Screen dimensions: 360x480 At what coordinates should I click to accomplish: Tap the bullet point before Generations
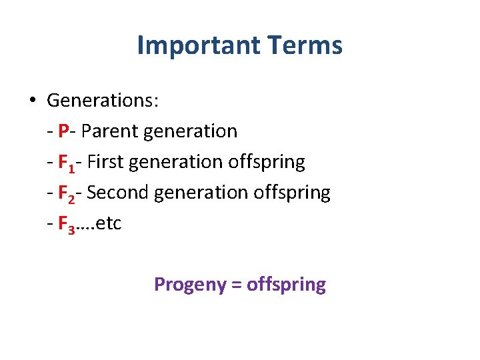point(32,101)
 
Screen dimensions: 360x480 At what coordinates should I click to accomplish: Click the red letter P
point(64,131)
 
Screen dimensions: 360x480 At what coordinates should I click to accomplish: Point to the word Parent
point(107,131)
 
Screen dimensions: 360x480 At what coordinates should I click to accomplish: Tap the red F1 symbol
point(67,163)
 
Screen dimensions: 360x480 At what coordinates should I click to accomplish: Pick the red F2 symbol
point(67,193)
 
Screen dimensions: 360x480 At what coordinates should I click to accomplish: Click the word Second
point(118,193)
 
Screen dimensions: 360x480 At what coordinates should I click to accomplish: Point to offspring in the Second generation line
point(292,193)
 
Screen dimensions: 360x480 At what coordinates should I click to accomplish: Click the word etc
point(109,223)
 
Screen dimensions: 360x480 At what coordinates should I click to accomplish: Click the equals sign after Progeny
point(236,285)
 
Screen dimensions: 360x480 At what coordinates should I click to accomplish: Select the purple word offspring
point(286,285)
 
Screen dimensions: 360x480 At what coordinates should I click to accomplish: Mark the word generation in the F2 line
point(201,193)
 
